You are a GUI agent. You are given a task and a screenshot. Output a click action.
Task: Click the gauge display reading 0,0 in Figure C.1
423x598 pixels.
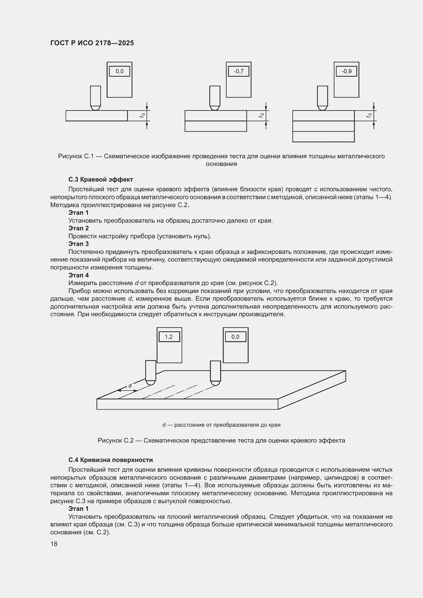pos(119,71)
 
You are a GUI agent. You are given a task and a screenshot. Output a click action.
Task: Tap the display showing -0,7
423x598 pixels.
pos(238,71)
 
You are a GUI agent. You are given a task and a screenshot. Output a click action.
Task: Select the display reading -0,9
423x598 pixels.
pos(346,71)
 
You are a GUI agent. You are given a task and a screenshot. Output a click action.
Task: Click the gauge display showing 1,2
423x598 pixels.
pos(169,337)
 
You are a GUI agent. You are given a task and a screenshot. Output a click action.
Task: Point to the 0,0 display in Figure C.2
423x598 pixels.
pos(235,337)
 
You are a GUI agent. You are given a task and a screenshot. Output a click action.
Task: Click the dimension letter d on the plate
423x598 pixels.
pos(130,386)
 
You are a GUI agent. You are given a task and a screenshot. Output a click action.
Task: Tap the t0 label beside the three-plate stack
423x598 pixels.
pos(369,115)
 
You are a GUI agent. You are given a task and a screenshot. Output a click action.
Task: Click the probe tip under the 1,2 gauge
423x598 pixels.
pos(151,383)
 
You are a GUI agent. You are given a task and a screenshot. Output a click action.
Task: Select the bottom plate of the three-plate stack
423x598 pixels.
pos(323,137)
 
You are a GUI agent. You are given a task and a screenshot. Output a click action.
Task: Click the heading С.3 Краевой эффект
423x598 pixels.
pos(101,179)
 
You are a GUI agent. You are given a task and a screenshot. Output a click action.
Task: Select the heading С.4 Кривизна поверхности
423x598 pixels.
pos(110,460)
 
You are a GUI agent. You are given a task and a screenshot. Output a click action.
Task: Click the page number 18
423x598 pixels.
pos(54,544)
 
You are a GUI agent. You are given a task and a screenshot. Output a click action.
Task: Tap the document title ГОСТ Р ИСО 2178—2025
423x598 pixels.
pos(92,43)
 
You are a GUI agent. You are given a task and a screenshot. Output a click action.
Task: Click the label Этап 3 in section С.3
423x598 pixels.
pos(79,244)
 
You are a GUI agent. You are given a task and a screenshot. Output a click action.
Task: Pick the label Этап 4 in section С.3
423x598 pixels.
pos(79,275)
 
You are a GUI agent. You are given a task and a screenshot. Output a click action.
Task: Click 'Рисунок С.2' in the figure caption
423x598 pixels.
pos(115,441)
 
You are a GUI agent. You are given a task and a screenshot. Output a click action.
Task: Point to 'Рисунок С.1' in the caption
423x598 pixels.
pos(76,156)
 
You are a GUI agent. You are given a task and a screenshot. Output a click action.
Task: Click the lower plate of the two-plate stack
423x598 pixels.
pos(216,126)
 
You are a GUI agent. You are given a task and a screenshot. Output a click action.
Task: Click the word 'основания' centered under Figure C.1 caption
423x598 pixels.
pos(221,164)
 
